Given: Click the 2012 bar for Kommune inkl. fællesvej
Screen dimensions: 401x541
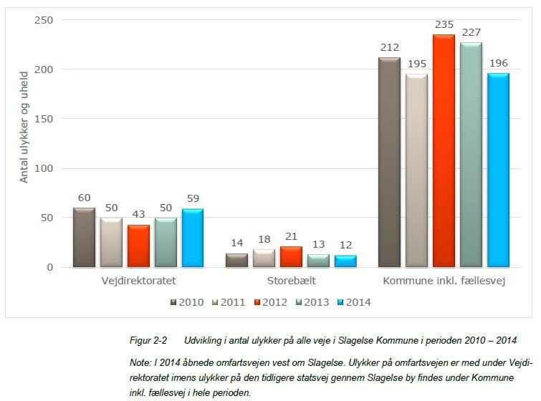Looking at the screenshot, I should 444,151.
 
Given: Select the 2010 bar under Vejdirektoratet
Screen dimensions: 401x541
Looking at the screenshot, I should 84,238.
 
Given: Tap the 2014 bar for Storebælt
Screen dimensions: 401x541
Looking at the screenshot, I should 345,261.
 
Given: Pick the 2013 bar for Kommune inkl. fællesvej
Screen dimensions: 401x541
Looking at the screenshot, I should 471,155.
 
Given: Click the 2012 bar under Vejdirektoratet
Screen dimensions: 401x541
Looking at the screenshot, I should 138,246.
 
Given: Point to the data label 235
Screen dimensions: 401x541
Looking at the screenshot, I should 444,25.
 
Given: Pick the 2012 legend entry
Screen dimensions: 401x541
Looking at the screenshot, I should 271,302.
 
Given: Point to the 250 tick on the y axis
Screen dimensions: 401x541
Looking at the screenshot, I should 44,20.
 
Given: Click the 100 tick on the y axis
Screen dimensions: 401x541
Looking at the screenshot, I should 44,169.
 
